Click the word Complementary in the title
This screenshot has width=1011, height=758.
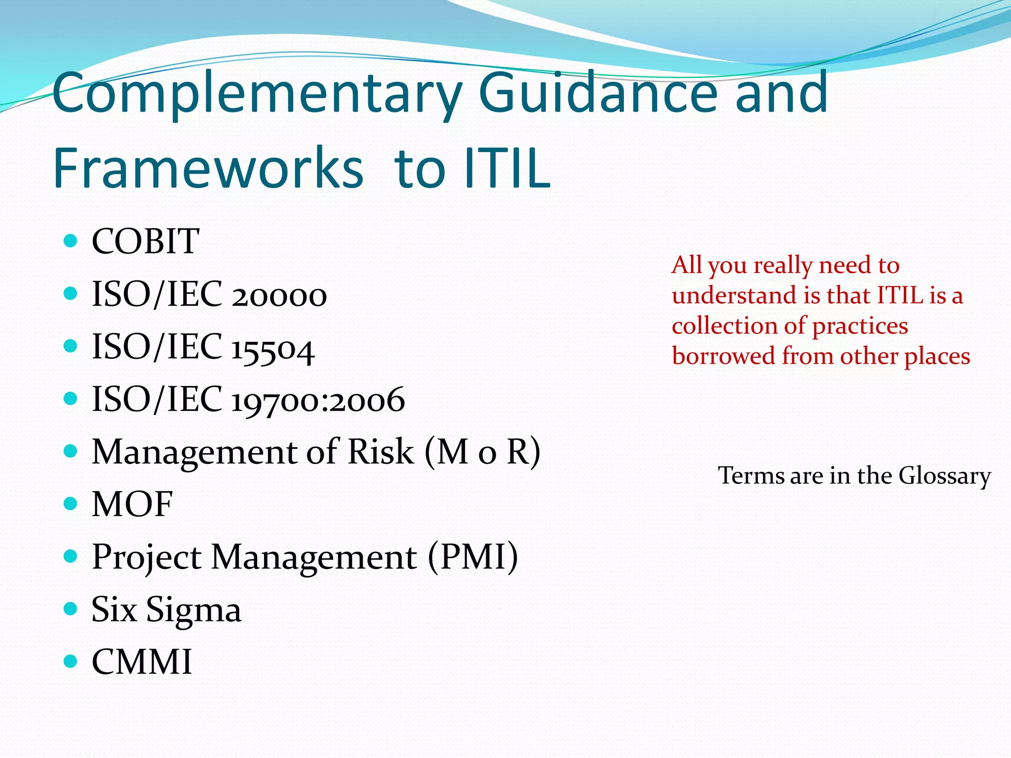(257, 94)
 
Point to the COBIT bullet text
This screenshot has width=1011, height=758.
(145, 241)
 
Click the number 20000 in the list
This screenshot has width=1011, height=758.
(279, 295)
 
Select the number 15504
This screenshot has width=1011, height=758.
(272, 348)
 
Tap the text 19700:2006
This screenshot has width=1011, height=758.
(318, 400)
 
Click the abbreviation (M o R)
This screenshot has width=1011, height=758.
(482, 452)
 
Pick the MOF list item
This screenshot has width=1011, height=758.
(132, 504)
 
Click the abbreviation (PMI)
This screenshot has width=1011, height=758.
(472, 557)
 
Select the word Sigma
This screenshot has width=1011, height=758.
(194, 610)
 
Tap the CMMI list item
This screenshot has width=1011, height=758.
(142, 662)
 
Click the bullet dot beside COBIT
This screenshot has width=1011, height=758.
(71, 241)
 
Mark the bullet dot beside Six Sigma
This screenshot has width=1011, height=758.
(71, 609)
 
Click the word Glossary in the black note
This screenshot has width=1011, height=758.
(944, 476)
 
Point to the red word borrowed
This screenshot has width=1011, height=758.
(723, 356)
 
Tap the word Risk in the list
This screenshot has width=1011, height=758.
(380, 452)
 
